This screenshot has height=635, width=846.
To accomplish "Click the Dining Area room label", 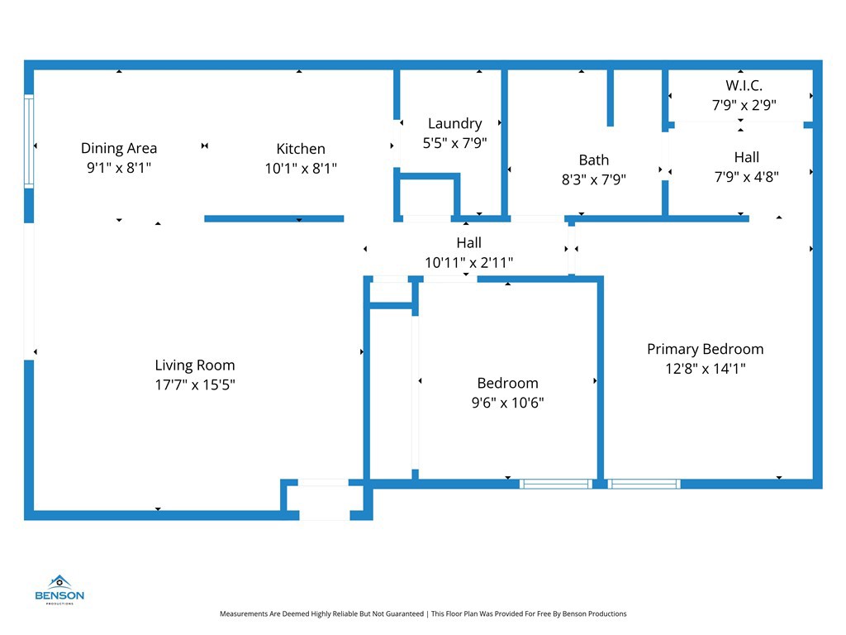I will (x=119, y=149).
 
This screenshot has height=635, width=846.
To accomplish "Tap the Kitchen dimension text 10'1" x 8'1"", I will (x=301, y=168).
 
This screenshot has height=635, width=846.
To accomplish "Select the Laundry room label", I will (x=454, y=124).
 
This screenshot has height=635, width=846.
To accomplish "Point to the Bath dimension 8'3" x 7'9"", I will (x=594, y=179).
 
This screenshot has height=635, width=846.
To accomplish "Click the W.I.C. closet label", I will (x=744, y=85).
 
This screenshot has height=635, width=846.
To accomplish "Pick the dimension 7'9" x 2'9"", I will (x=744, y=105).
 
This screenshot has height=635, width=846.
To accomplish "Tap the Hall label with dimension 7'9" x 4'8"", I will (x=746, y=157).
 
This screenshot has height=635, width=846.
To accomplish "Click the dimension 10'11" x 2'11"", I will (x=468, y=262).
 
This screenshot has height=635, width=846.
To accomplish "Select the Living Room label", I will (x=195, y=365).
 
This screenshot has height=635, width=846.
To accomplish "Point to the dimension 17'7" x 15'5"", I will (x=195, y=384).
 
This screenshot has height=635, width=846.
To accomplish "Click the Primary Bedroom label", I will (x=705, y=349).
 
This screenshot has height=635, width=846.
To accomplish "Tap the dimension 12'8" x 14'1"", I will (x=705, y=369).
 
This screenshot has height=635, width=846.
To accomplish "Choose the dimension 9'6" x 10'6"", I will (x=507, y=403).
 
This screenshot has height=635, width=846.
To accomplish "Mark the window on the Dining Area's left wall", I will (x=29, y=141).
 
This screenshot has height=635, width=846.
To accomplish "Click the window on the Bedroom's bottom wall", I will (x=556, y=484).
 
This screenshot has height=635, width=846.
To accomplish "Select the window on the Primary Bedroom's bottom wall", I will (x=644, y=484).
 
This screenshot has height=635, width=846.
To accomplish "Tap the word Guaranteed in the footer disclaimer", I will (x=400, y=614).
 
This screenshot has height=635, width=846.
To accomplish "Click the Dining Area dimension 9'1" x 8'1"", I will (x=119, y=168).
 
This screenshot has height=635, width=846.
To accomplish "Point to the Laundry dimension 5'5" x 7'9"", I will (x=454, y=142).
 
